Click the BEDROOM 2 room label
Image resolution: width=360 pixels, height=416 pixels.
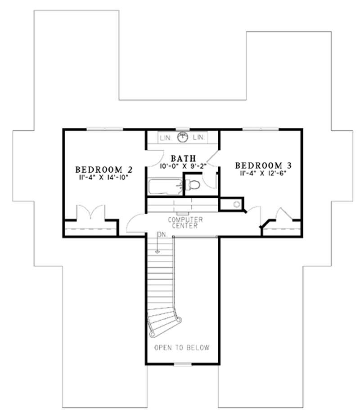tap(104, 170)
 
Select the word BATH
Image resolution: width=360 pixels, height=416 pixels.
tap(182, 158)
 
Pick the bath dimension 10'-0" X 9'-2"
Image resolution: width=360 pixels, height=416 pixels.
tap(182, 166)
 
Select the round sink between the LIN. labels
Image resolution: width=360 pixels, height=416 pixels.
tap(182, 137)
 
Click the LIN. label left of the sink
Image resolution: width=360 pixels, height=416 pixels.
tap(165, 137)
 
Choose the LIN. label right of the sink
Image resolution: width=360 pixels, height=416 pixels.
tap(199, 137)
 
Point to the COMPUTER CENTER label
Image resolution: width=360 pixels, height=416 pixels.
tap(185, 223)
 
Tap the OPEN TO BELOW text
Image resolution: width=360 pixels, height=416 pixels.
tap(182, 348)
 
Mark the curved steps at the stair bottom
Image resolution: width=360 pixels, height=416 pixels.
tap(164, 322)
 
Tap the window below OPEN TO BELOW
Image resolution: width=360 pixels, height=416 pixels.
tap(182, 363)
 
